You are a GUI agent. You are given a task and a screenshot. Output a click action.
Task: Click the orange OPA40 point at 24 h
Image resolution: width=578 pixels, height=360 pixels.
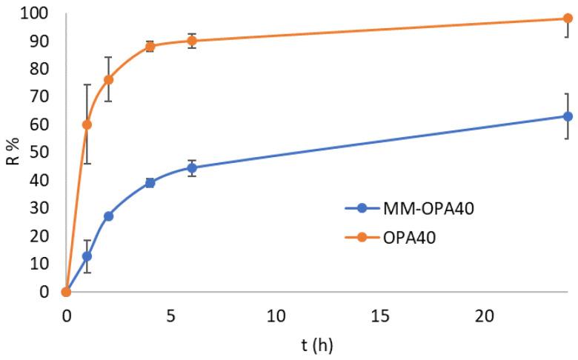(568, 19)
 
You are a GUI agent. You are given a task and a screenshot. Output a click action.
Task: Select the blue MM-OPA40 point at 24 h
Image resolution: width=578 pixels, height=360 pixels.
(568, 116)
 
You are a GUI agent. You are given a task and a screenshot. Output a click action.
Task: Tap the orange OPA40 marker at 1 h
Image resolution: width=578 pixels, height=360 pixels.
(87, 124)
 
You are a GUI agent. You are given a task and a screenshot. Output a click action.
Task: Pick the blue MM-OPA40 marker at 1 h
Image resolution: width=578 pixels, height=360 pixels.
(87, 256)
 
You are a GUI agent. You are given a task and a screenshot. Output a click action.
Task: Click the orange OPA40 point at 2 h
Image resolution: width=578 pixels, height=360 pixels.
(108, 79)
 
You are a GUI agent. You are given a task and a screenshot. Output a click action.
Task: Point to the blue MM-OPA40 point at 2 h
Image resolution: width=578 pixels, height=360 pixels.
(108, 216)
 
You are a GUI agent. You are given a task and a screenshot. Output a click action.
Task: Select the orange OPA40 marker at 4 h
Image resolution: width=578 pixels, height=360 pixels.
(150, 46)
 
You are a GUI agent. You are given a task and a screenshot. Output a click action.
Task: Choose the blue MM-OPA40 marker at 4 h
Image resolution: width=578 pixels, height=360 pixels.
(150, 182)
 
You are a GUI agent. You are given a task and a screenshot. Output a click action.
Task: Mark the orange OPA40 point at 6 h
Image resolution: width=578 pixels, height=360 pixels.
(192, 41)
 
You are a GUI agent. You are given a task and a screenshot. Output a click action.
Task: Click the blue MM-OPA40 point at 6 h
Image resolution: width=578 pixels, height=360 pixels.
(192, 168)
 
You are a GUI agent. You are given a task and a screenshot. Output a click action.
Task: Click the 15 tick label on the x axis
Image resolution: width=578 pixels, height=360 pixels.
(379, 316)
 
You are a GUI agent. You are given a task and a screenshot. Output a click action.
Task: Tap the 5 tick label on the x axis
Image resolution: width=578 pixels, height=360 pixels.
(170, 316)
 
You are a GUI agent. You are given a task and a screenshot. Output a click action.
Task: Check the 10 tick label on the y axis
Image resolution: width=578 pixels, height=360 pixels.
(41, 264)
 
